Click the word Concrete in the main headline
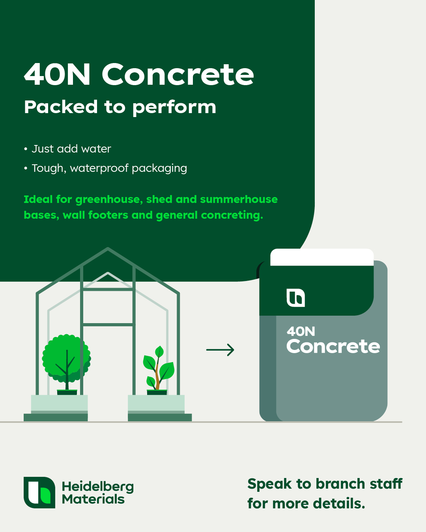tap(178, 74)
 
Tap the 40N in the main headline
tap(57, 74)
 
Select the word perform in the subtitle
tap(174, 108)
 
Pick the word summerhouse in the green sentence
tap(239, 199)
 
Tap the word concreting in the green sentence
tap(232, 215)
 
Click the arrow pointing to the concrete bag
tap(220, 350)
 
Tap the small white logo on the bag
tap(295, 298)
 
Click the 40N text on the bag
tap(301, 331)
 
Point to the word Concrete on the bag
tap(333, 346)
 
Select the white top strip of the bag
tap(322, 257)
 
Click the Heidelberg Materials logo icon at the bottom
tap(39, 493)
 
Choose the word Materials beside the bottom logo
tap(93, 499)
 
